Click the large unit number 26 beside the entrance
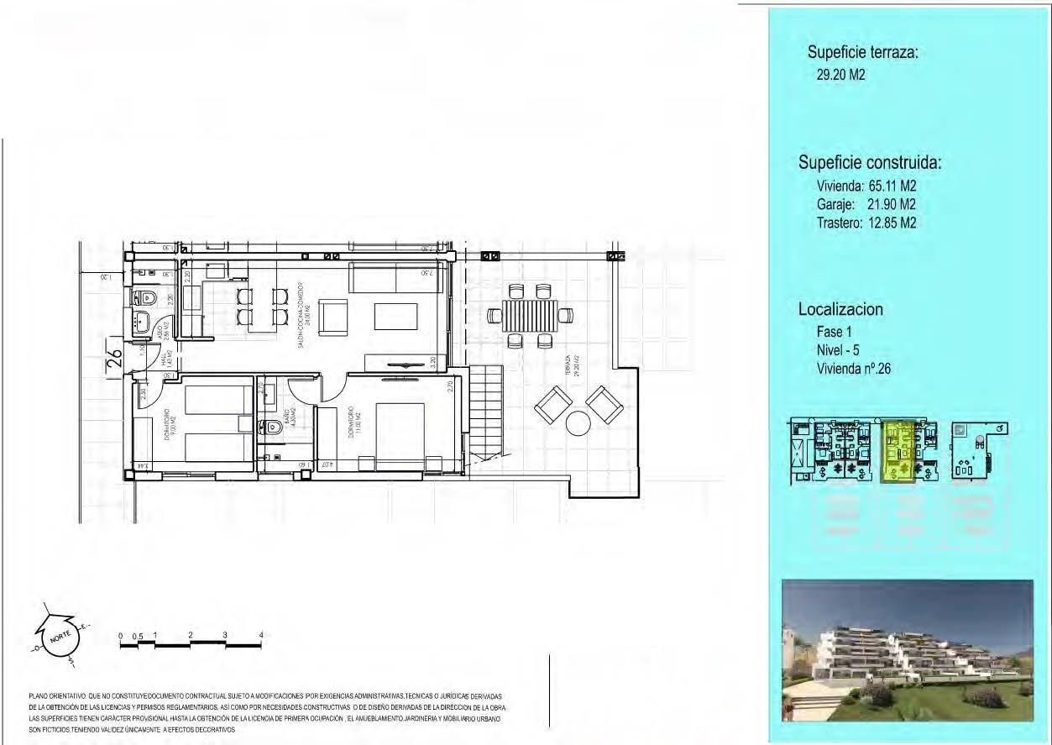tap(116, 359)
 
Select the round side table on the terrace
tap(578, 422)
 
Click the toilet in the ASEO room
tap(145, 297)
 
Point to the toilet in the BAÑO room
tap(270, 426)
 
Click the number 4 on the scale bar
tap(261, 634)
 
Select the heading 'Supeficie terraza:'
tap(863, 52)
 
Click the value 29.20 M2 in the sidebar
tap(840, 75)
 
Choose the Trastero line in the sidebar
tap(866, 223)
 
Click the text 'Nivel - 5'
tap(838, 350)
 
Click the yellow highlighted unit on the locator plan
tap(900, 452)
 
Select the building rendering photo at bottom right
tap(907, 650)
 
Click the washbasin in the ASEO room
tap(143, 322)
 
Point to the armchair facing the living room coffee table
tap(333, 316)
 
